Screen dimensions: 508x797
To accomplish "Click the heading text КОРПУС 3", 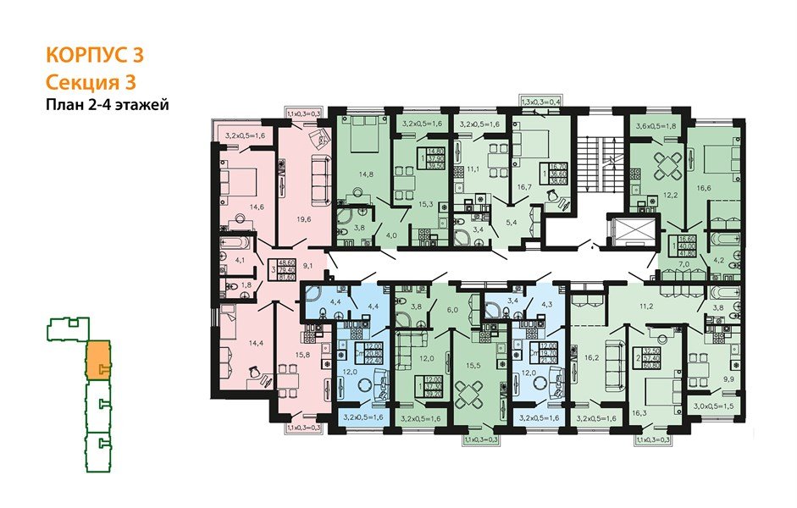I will [x=94, y=56].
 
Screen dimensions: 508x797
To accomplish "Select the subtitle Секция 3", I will [x=90, y=82].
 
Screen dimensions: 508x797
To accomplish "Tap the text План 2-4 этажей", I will [x=108, y=106].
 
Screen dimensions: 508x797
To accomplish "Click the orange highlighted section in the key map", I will [x=97, y=360].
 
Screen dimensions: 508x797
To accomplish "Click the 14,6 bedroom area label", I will [x=257, y=206].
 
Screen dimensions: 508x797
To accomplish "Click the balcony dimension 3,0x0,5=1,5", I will [x=706, y=406].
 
